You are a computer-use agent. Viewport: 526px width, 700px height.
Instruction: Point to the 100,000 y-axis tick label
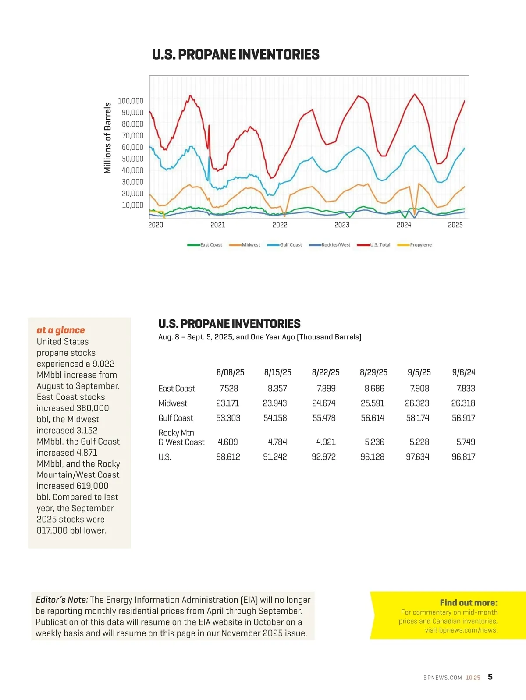(x=131, y=101)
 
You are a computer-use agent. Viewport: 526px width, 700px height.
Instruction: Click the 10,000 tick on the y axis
(x=132, y=205)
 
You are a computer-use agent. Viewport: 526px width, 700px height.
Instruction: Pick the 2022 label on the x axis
(x=280, y=225)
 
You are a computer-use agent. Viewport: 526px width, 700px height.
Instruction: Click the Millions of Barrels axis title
(x=107, y=138)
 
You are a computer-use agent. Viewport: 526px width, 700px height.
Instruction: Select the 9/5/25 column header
(x=419, y=372)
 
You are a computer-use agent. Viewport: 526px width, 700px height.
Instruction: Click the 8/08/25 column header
(x=230, y=372)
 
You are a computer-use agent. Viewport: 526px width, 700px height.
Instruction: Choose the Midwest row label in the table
(x=173, y=403)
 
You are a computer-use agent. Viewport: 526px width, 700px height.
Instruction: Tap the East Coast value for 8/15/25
(x=277, y=389)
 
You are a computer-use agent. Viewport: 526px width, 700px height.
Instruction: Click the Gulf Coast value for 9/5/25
(x=418, y=418)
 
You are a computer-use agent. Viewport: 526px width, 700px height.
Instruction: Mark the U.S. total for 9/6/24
(x=463, y=457)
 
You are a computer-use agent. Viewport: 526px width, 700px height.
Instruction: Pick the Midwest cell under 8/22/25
(x=324, y=403)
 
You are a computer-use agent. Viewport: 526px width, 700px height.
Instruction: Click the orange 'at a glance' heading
(x=61, y=330)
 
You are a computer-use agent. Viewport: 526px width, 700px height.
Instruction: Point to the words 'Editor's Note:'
(x=62, y=600)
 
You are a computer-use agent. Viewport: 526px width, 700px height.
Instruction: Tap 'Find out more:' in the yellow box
(x=468, y=603)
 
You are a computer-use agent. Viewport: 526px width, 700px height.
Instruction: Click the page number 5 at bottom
(x=490, y=677)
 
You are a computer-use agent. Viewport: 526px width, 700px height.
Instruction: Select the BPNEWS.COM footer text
(x=442, y=678)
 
